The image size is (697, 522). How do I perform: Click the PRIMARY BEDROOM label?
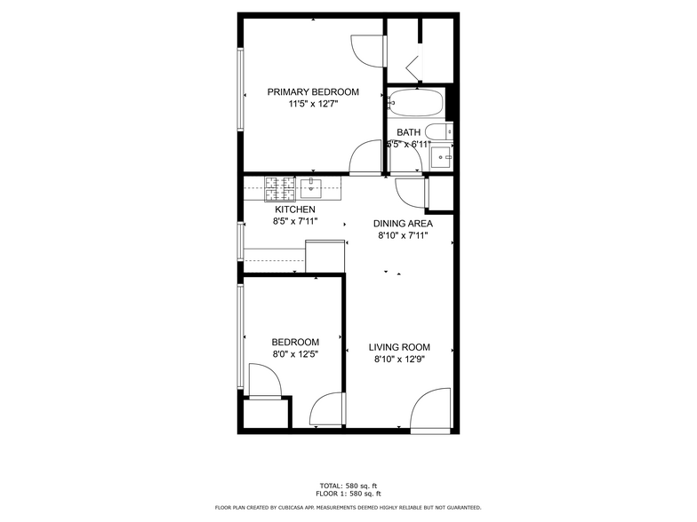[313, 92]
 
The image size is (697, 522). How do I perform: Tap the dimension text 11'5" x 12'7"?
[313, 104]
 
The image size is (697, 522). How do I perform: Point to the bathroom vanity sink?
[442, 158]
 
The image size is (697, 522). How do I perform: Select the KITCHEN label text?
[294, 210]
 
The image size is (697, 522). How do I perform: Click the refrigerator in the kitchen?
[324, 256]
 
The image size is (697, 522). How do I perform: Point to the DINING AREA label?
[403, 224]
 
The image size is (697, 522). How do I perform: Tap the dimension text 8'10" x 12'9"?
[399, 360]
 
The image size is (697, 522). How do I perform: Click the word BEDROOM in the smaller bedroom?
[294, 343]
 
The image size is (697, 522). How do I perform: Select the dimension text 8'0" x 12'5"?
[294, 354]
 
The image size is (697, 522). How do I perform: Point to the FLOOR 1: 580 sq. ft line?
[348, 493]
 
